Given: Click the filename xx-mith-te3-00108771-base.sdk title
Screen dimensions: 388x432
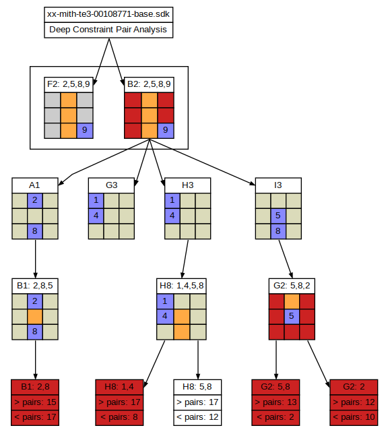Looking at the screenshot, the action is pyautogui.click(x=108, y=14).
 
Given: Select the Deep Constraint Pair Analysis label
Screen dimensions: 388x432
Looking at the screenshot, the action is pyautogui.click(x=108, y=30).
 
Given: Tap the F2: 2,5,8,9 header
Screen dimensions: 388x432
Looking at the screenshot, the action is pyautogui.click(x=69, y=84).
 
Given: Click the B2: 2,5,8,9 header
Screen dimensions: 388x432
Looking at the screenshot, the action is pyautogui.click(x=149, y=84).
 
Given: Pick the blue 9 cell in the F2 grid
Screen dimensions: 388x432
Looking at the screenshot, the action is pyautogui.click(x=85, y=131).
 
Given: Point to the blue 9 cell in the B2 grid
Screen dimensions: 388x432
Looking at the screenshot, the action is pyautogui.click(x=166, y=131).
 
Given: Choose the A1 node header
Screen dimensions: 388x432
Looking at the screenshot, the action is pyautogui.click(x=35, y=185).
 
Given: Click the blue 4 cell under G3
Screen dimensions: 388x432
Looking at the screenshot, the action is pyautogui.click(x=96, y=216).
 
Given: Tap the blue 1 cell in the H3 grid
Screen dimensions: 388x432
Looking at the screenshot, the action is pyautogui.click(x=172, y=200).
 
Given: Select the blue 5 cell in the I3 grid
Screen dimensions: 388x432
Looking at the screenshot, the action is pyautogui.click(x=278, y=216).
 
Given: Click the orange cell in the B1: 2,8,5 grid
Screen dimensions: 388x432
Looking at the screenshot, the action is pyautogui.click(x=35, y=317).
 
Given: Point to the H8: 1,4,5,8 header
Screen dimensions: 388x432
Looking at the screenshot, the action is pyautogui.click(x=181, y=286).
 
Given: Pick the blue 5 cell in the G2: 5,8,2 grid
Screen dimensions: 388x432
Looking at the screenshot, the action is pyautogui.click(x=292, y=317).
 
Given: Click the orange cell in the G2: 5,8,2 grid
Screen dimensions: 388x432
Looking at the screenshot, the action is pyautogui.click(x=292, y=301).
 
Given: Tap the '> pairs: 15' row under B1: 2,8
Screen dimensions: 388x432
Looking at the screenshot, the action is pyautogui.click(x=35, y=402).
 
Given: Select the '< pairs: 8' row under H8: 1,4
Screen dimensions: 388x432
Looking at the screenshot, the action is pyautogui.click(x=119, y=418).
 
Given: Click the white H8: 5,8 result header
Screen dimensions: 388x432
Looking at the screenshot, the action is pyautogui.click(x=197, y=387).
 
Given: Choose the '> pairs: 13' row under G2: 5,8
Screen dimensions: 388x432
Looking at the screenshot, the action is pyautogui.click(x=276, y=402).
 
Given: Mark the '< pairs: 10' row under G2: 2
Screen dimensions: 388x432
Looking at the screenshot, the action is pyautogui.click(x=354, y=418).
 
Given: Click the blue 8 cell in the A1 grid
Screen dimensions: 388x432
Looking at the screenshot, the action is pyautogui.click(x=35, y=231).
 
